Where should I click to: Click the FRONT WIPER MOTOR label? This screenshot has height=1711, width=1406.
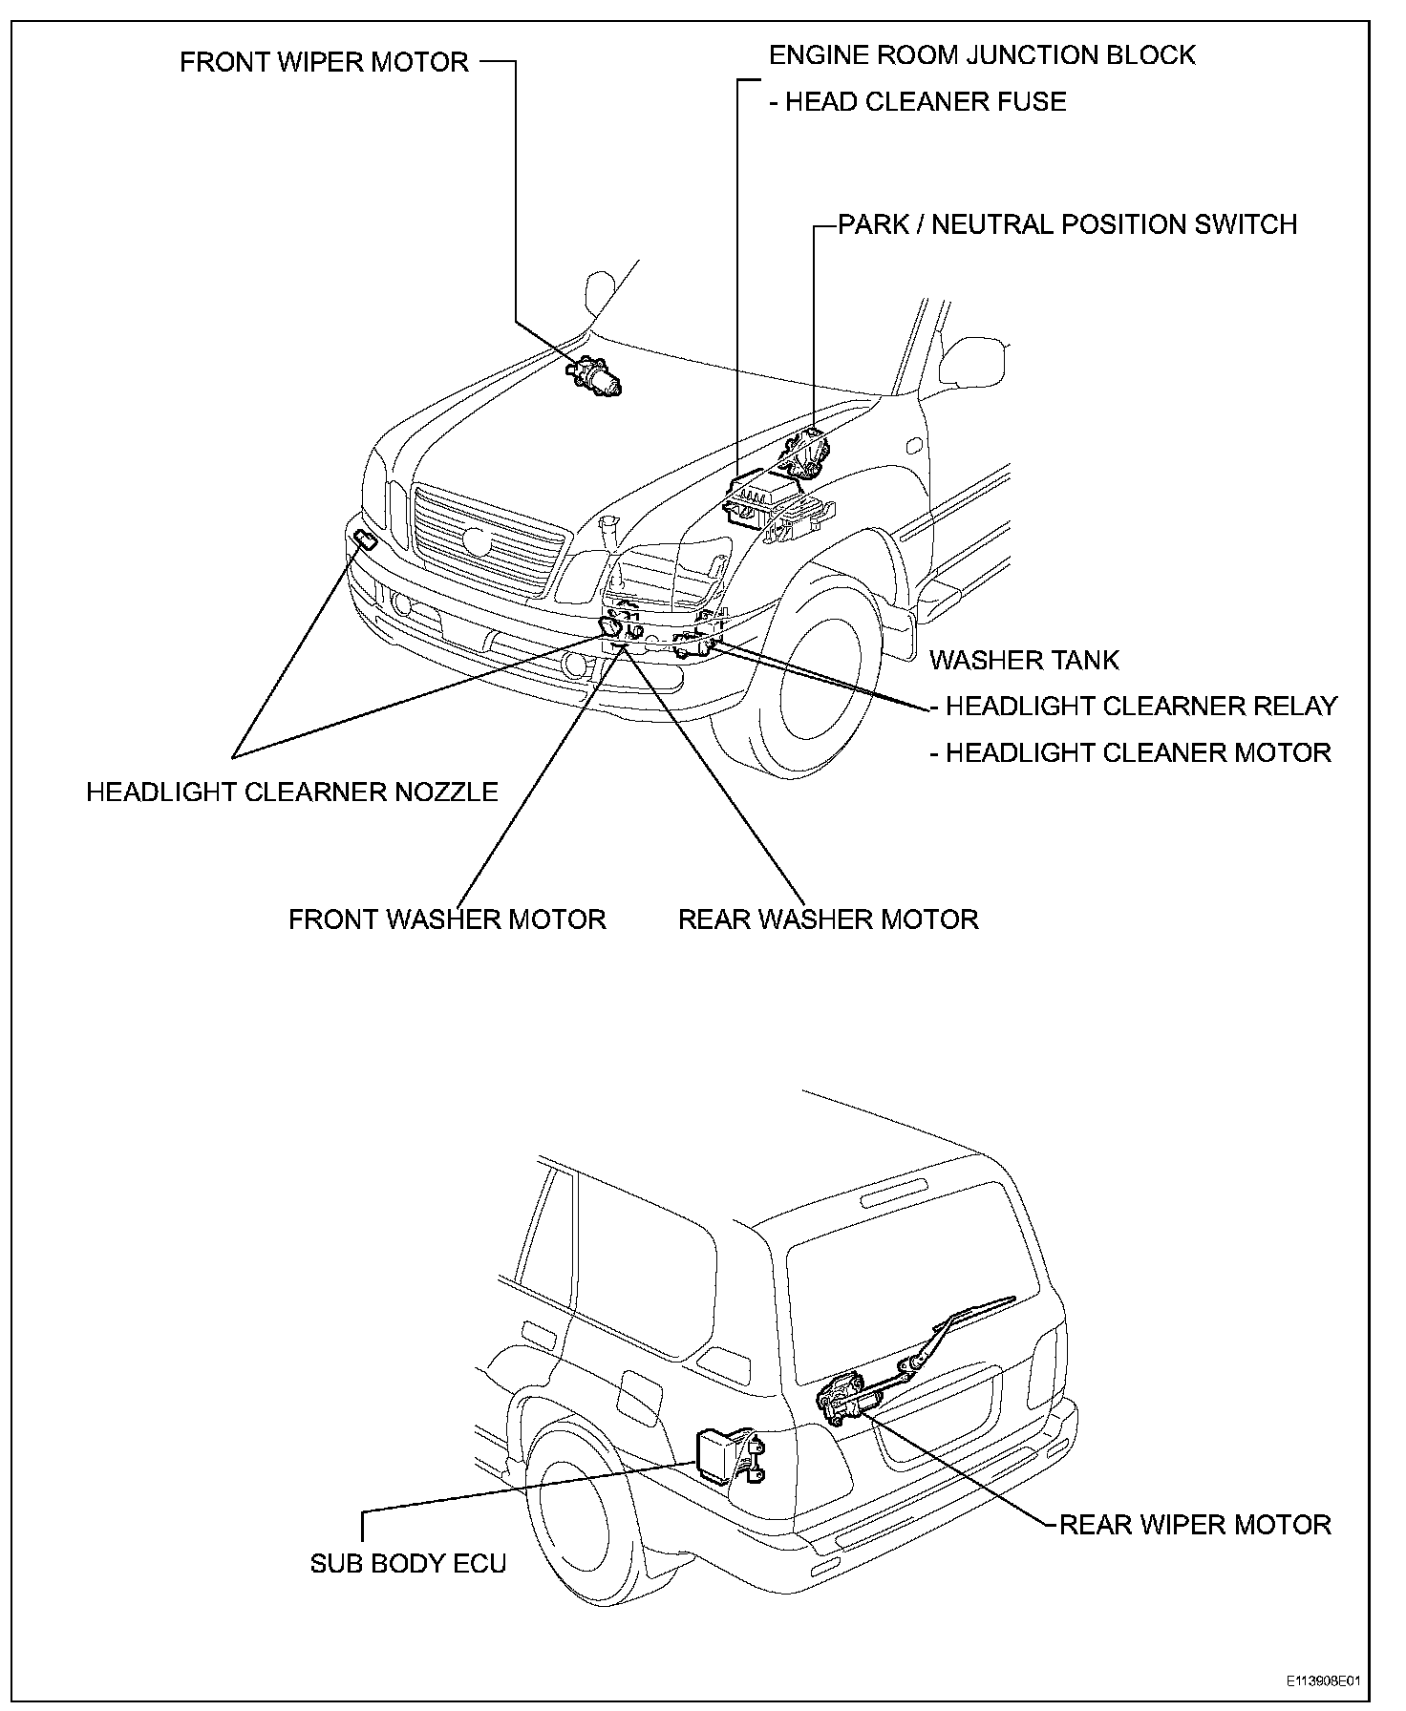324,63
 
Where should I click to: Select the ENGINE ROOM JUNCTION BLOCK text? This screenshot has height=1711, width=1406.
982,55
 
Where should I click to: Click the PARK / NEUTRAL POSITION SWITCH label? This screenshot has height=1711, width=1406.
1067,225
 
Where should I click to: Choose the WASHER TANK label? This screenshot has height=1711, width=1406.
1024,660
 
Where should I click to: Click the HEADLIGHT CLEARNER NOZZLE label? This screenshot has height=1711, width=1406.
292,792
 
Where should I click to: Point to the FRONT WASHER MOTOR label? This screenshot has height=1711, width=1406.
447,919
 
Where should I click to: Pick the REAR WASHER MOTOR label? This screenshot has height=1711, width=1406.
828,919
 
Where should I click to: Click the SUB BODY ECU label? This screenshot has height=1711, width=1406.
408,1563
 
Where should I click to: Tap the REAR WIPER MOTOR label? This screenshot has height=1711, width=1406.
1195,1524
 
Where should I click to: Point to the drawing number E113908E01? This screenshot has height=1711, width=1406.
1323,1681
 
